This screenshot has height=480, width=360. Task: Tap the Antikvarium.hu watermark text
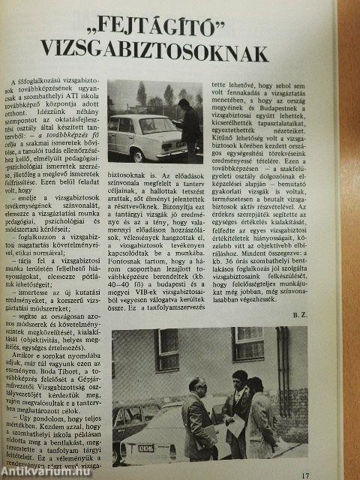click(45, 470)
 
